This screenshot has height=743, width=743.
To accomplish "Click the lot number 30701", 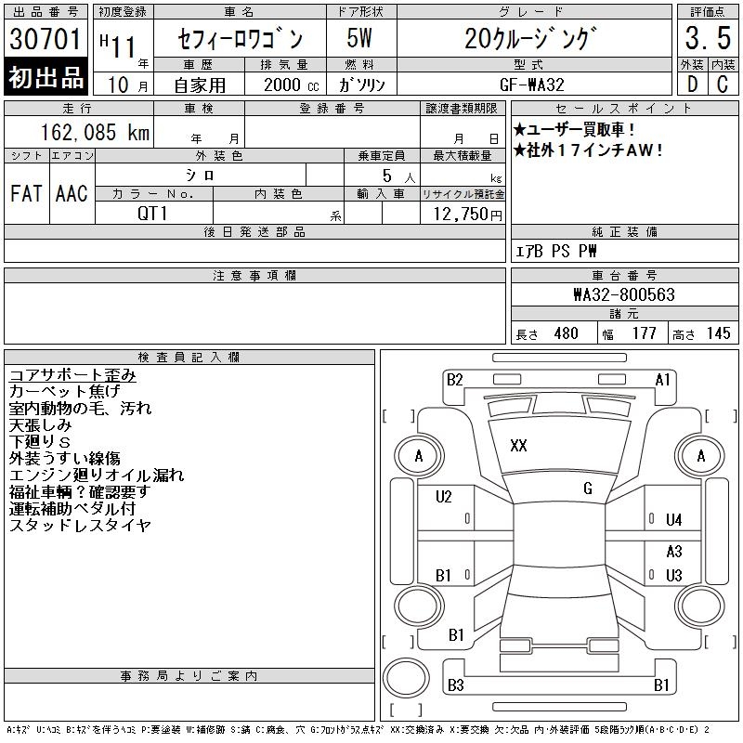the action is [x=45, y=39].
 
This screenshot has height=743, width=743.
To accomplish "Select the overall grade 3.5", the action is [x=708, y=38].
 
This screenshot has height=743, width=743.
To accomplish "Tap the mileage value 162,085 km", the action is [x=95, y=132].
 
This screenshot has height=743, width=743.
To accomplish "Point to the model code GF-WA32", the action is [x=531, y=85].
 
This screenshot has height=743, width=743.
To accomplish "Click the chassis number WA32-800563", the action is [x=623, y=294].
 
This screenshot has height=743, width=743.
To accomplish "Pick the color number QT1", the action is [x=152, y=214].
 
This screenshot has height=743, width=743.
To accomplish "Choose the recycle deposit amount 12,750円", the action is [x=467, y=215].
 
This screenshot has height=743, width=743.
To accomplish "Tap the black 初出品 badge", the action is [x=46, y=77].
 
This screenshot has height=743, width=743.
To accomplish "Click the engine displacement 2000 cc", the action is [x=292, y=85].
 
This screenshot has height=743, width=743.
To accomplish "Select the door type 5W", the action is [x=359, y=38].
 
